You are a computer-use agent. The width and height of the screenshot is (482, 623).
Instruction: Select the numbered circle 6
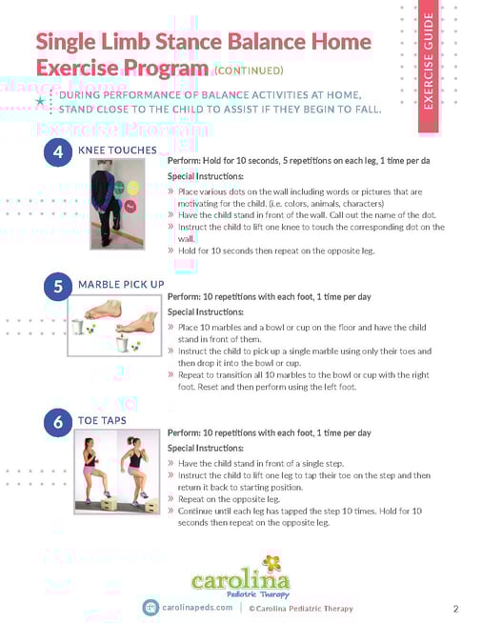tap(58, 422)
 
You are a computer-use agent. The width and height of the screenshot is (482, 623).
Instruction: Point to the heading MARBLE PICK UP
tap(121, 284)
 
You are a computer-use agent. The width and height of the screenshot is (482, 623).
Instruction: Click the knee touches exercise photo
tap(118, 204)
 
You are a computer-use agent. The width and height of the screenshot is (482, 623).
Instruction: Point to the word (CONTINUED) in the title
tap(248, 70)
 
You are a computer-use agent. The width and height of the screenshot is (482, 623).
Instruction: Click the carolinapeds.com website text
tap(197, 608)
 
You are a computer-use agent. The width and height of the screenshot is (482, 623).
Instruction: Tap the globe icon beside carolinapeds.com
tap(151, 608)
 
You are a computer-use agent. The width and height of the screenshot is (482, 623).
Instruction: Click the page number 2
tap(455, 609)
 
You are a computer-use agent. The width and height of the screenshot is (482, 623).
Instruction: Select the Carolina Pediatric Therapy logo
tap(241, 573)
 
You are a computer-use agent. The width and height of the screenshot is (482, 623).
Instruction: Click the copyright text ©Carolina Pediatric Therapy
tap(300, 608)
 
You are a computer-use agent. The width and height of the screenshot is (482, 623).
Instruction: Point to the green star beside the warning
tap(39, 100)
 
